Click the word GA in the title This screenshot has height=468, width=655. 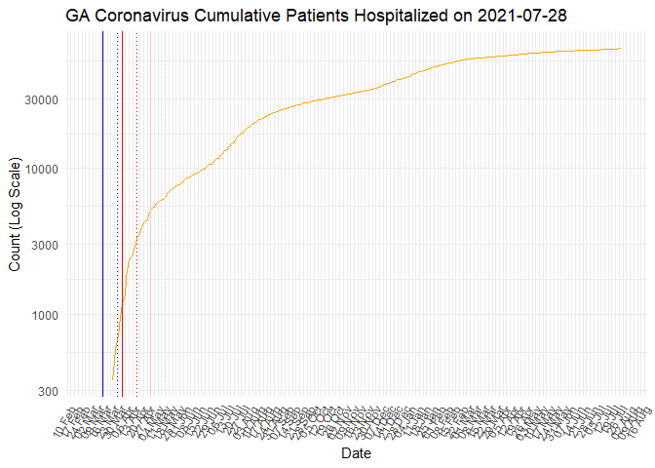point(78,16)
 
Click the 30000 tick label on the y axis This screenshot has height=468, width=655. point(43,99)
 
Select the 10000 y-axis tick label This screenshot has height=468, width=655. point(43,169)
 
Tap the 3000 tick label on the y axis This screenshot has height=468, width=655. point(46,245)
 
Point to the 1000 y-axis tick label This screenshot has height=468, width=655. point(46,315)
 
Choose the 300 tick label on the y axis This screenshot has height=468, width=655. point(49,391)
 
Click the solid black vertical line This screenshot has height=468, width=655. point(103,195)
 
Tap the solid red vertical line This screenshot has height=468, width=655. point(123,195)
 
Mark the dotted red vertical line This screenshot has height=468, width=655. point(137,195)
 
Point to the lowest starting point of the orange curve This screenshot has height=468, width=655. point(113,378)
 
